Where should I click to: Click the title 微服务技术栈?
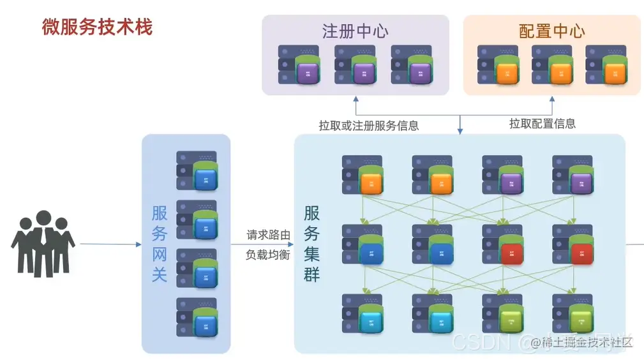pyautogui.click(x=97, y=27)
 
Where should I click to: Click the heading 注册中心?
pyautogui.click(x=356, y=31)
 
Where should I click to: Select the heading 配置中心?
pyautogui.click(x=551, y=31)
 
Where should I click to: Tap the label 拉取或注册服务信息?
pyautogui.click(x=369, y=126)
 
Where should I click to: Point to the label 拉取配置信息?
pyautogui.click(x=542, y=124)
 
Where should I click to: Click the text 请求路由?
pyautogui.click(x=269, y=235)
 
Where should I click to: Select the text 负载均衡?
pyautogui.click(x=269, y=255)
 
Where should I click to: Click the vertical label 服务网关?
pyautogui.click(x=160, y=244)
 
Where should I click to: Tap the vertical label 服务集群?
pyautogui.click(x=312, y=244)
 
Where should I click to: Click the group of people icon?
pyautogui.click(x=43, y=243)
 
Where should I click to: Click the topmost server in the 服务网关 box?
pyautogui.click(x=197, y=170)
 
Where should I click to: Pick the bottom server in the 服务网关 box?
pyautogui.click(x=197, y=317)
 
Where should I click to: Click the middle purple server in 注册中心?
pyautogui.click(x=356, y=65)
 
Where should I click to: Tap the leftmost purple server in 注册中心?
pyautogui.click(x=299, y=65)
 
